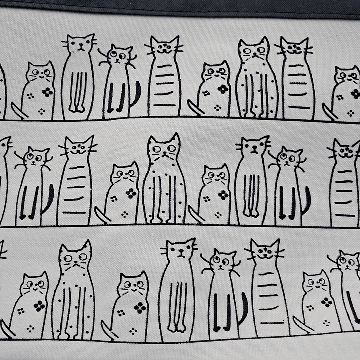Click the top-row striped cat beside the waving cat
(164, 80)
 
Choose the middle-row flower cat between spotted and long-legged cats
(215, 193)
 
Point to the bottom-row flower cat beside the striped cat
(316, 300)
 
